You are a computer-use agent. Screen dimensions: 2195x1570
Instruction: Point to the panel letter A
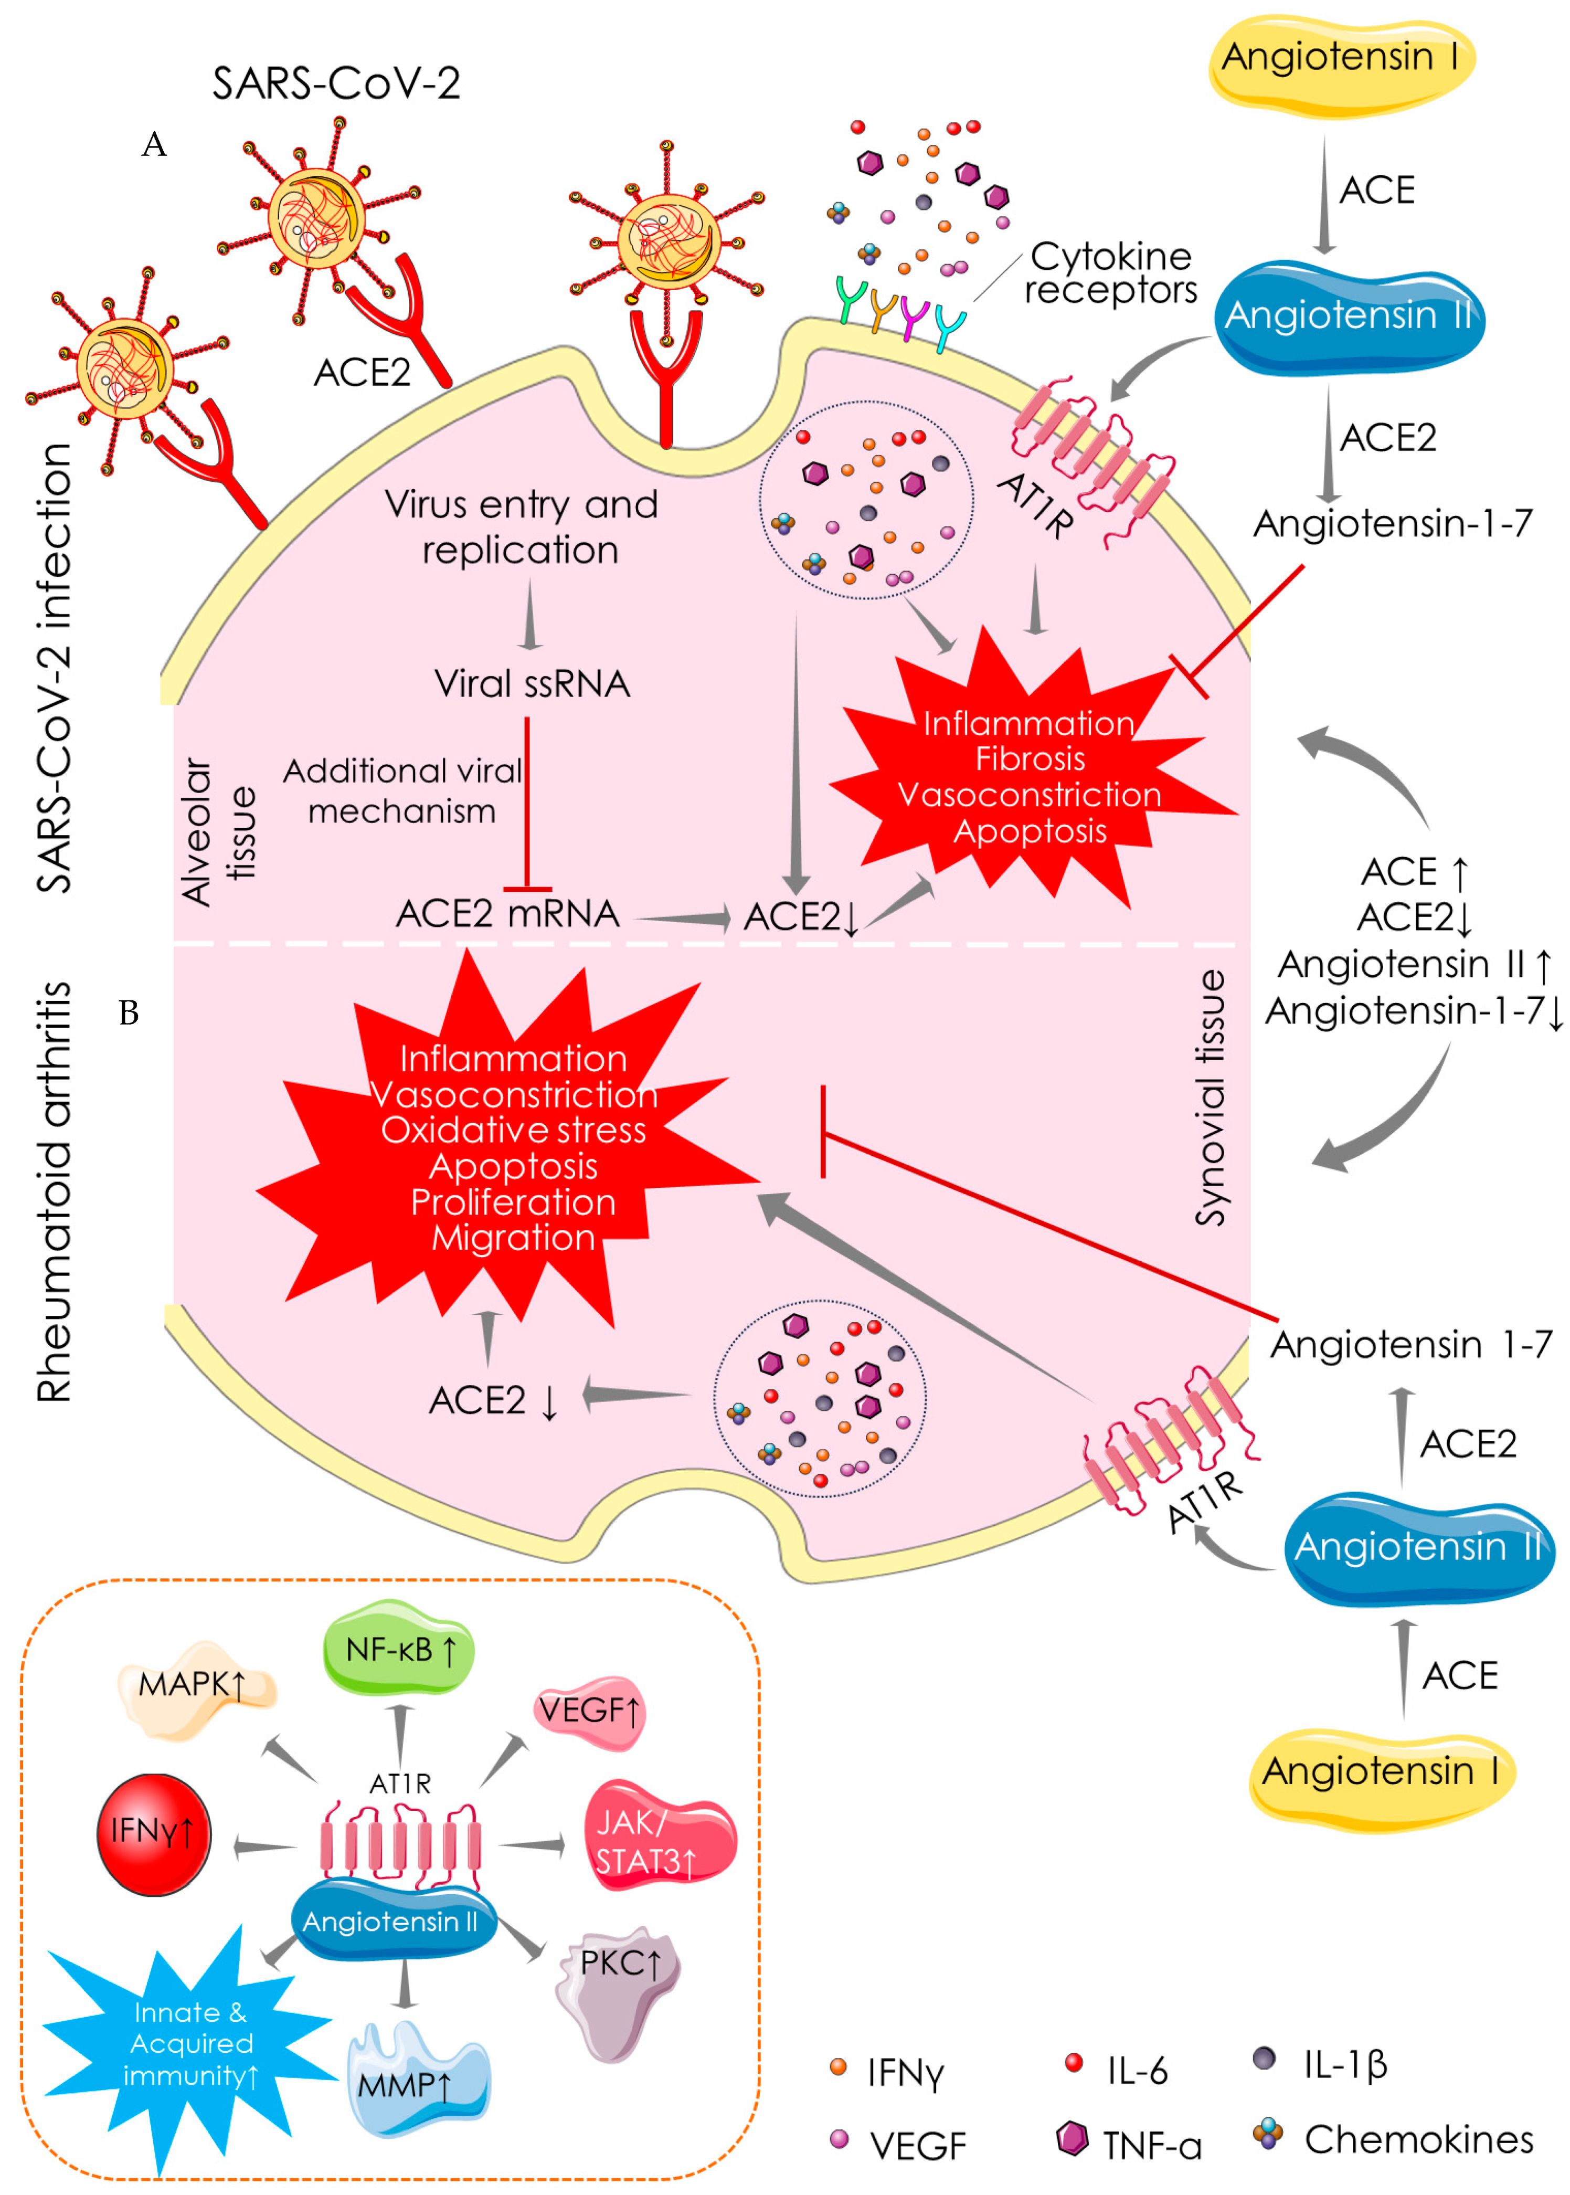[x=154, y=145]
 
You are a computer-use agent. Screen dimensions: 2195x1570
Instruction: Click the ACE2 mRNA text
[x=507, y=913]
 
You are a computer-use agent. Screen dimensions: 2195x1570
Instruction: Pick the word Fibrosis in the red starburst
[x=1030, y=759]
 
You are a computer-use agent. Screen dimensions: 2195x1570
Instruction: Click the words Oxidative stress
[x=513, y=1130]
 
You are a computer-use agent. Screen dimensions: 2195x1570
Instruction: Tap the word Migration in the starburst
[x=513, y=1238]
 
